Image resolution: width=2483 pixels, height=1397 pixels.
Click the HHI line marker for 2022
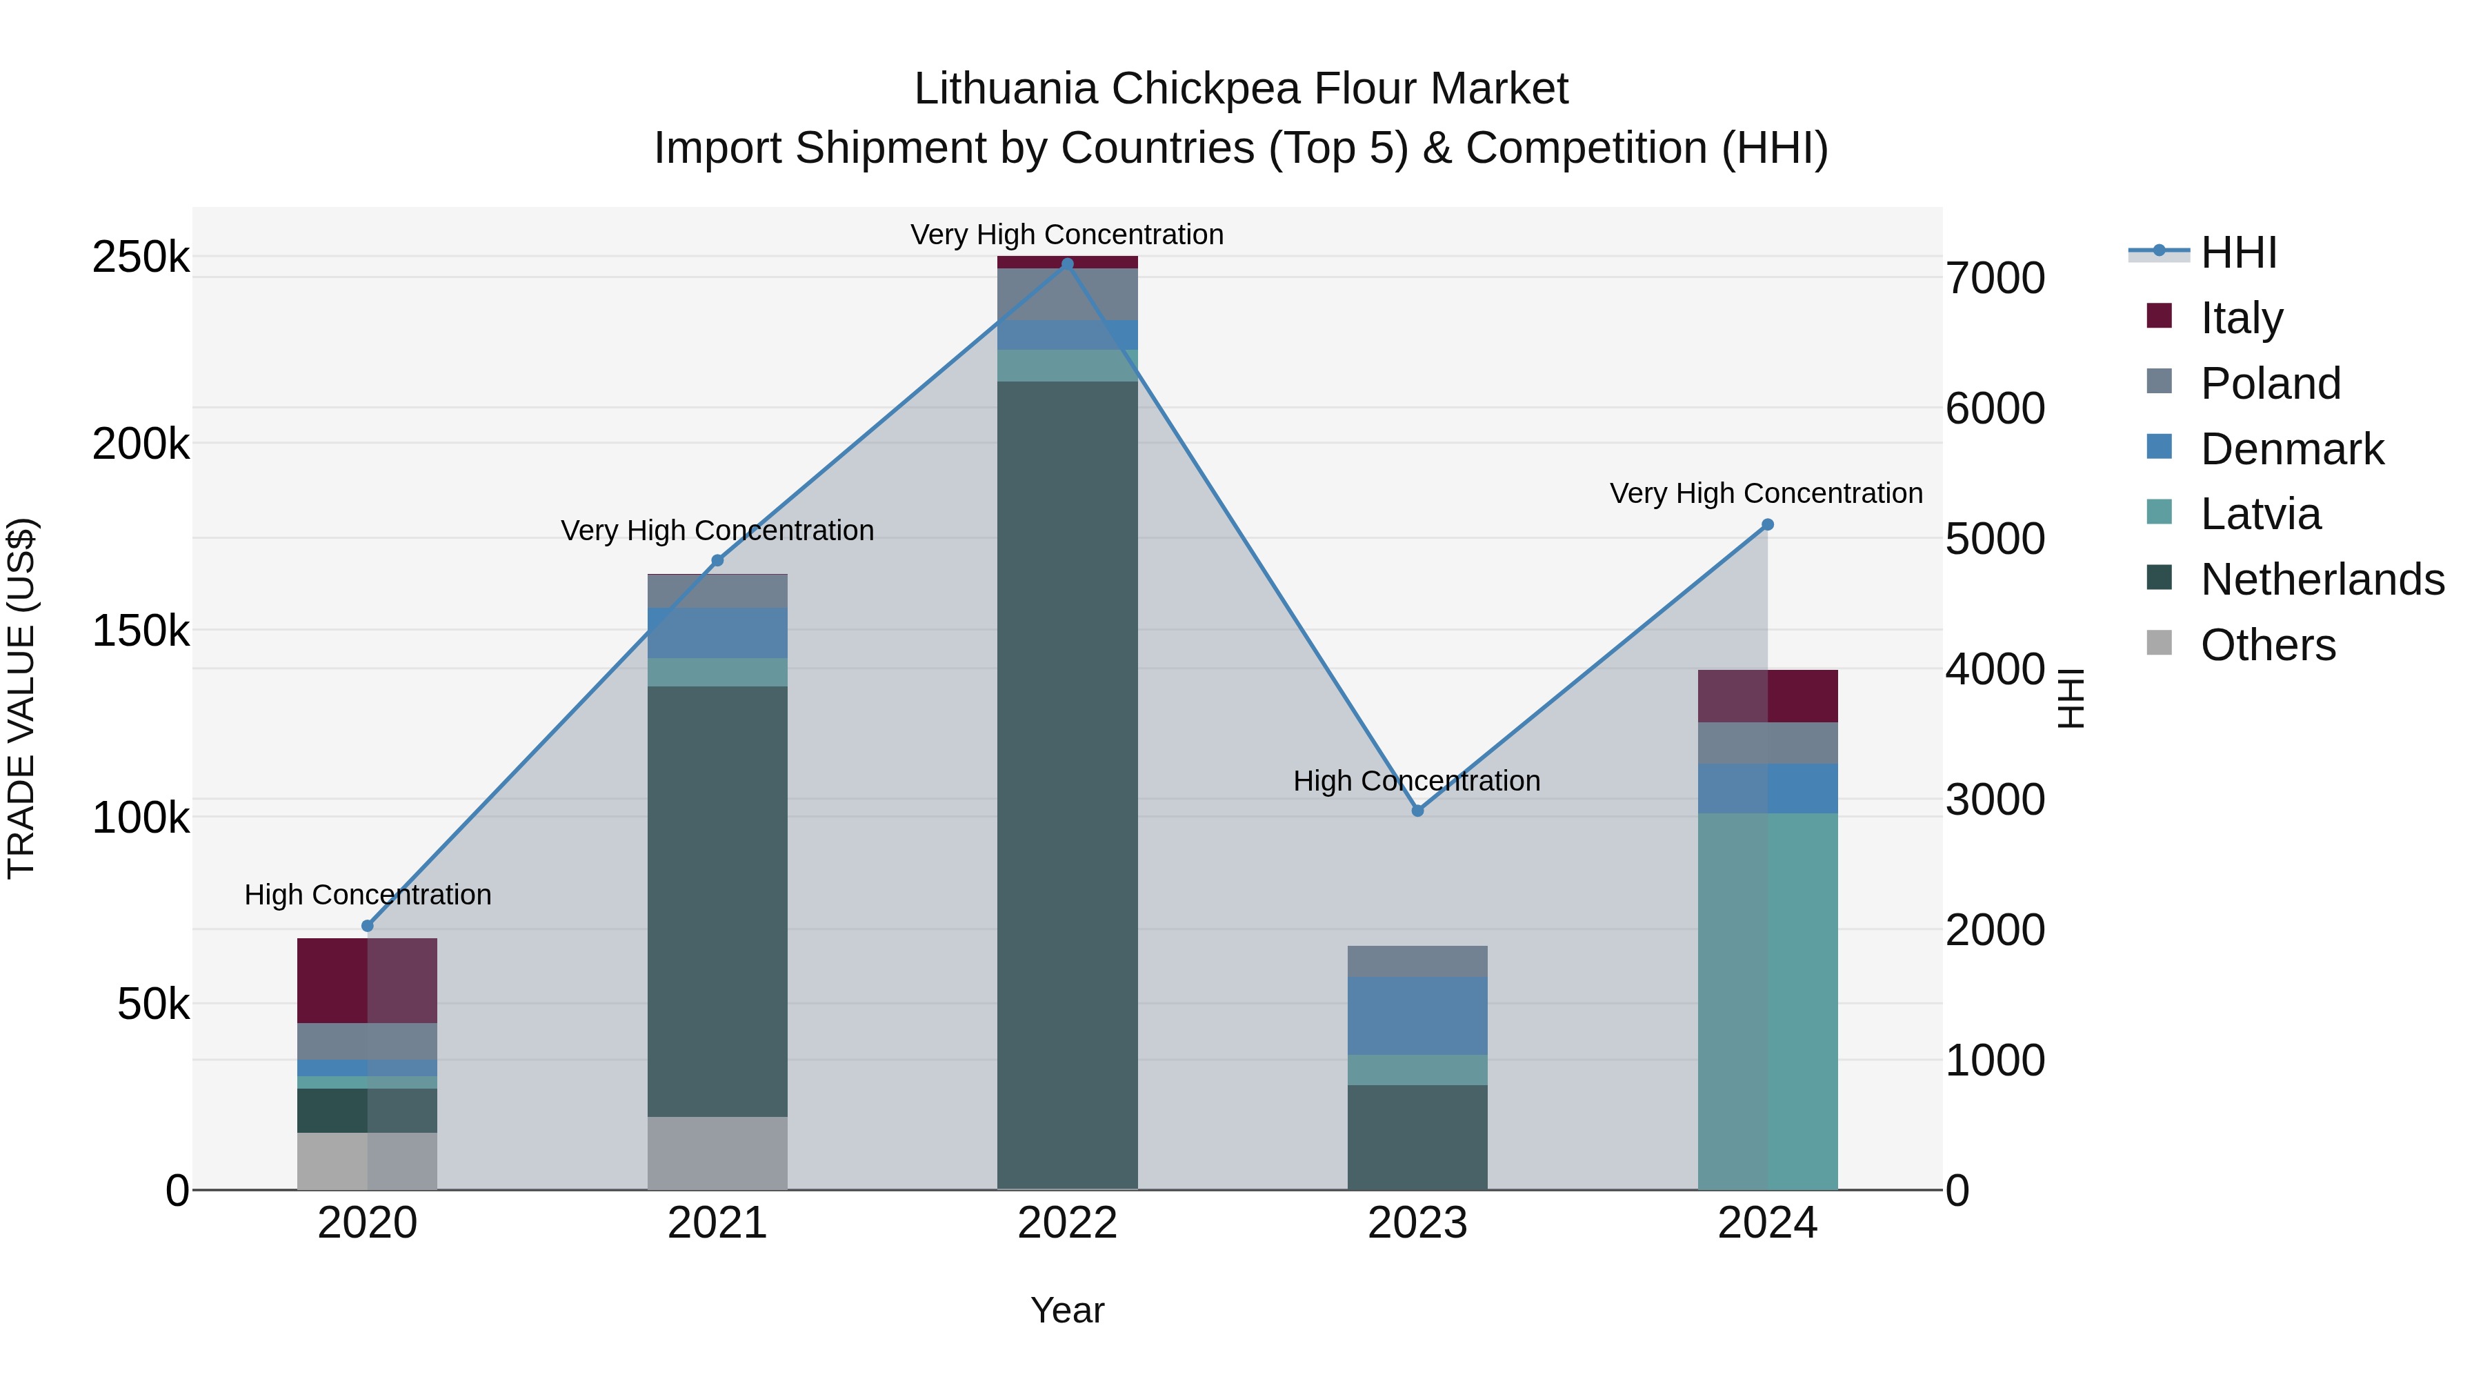(1067, 264)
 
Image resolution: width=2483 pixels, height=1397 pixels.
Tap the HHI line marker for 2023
(1417, 811)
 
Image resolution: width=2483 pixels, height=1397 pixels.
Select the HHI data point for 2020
(367, 926)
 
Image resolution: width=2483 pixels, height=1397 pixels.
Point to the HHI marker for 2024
(1768, 524)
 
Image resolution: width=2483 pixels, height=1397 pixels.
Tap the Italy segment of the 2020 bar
(367, 980)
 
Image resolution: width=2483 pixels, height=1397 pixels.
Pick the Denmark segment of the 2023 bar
(1417, 1015)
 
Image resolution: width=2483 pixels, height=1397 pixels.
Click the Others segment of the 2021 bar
(717, 1153)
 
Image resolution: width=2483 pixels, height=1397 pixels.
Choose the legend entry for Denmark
(2291, 449)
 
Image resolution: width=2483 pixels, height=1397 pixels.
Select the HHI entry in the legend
(2238, 252)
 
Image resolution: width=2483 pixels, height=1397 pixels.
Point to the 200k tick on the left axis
(141, 444)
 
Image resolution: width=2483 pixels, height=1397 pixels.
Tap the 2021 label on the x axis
(717, 1223)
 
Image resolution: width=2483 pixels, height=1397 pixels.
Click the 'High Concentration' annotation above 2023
(1417, 781)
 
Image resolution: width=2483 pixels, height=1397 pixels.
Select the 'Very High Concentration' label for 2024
(1766, 494)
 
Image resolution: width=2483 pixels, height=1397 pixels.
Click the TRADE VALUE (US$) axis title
(22, 698)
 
